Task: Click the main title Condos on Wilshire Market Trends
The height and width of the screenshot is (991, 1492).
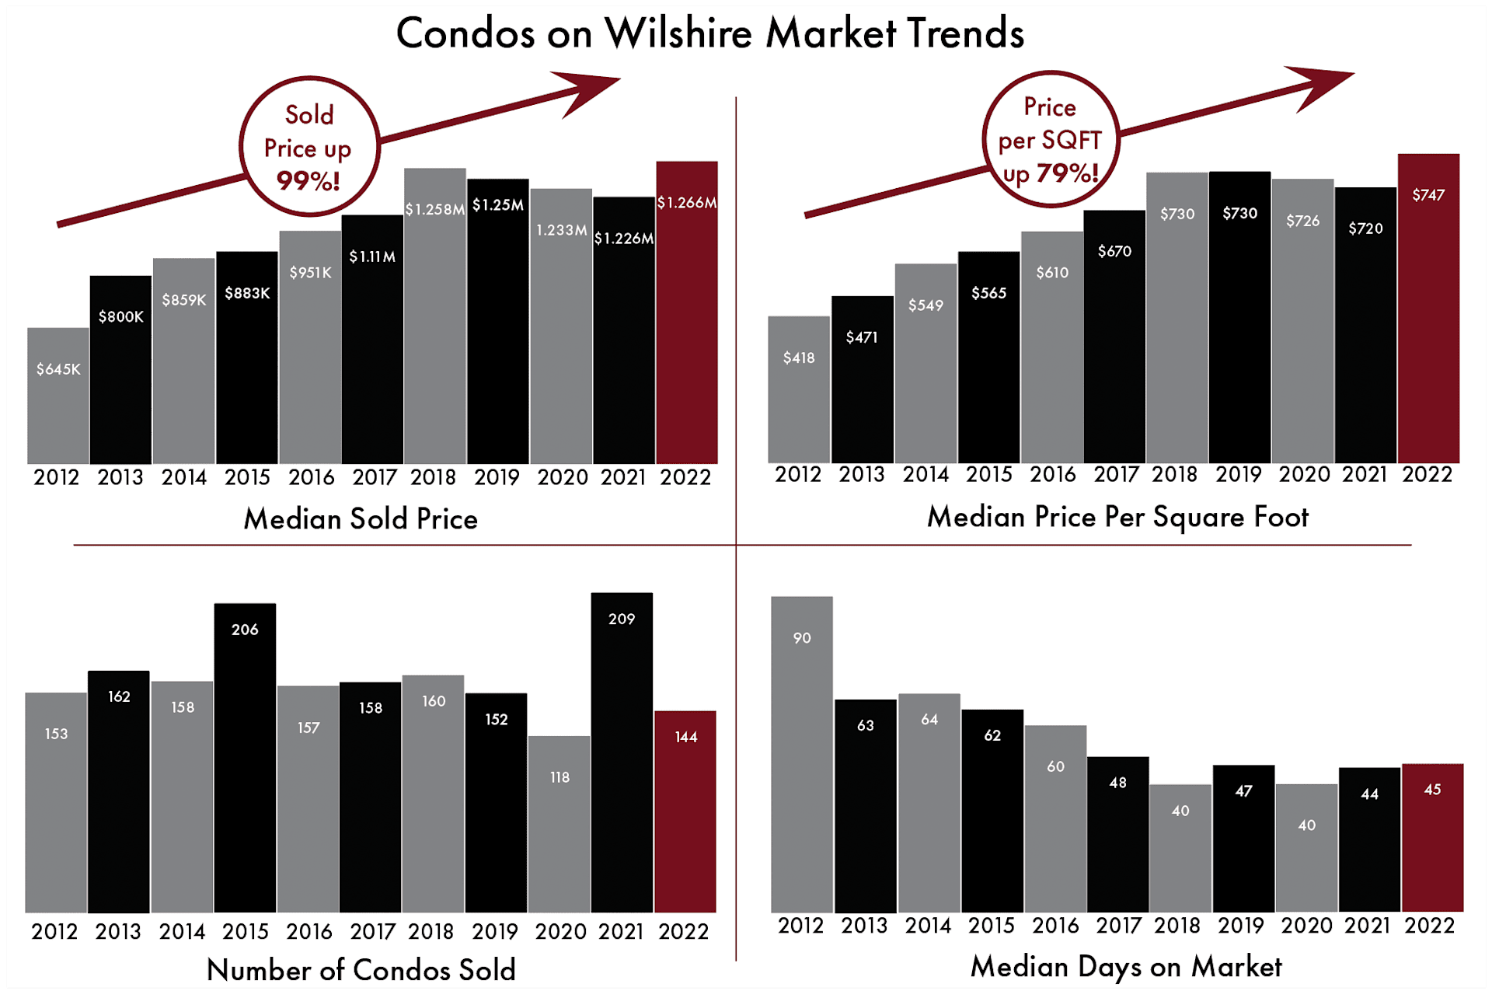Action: (709, 33)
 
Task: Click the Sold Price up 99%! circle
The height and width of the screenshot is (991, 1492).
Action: (309, 147)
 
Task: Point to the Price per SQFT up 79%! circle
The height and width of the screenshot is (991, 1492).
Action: (1051, 140)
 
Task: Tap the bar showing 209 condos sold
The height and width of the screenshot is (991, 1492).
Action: (622, 754)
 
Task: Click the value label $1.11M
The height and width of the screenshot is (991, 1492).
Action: (372, 256)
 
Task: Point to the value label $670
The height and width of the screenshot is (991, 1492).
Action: (1114, 251)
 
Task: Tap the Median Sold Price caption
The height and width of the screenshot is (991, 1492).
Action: (361, 518)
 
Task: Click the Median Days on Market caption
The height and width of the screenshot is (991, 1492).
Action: (1126, 967)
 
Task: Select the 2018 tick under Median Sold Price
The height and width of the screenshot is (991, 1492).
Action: (434, 477)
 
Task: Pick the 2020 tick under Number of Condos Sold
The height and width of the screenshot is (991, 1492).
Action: (560, 931)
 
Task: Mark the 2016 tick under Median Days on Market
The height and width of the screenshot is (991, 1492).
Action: (1055, 926)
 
